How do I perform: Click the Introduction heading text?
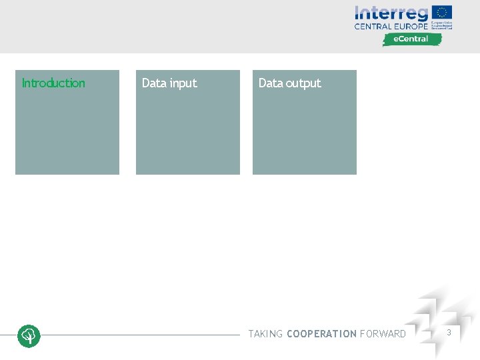53,83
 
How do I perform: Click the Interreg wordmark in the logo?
391,13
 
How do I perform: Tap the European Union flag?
442,12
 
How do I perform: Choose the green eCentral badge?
412,39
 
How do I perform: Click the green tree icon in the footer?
29,335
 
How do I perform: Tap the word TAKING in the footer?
265,334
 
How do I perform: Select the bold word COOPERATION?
321,334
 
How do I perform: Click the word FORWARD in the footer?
383,334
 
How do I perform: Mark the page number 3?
449,332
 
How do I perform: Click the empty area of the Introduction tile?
67,133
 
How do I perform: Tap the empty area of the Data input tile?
187,133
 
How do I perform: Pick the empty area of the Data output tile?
304,133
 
